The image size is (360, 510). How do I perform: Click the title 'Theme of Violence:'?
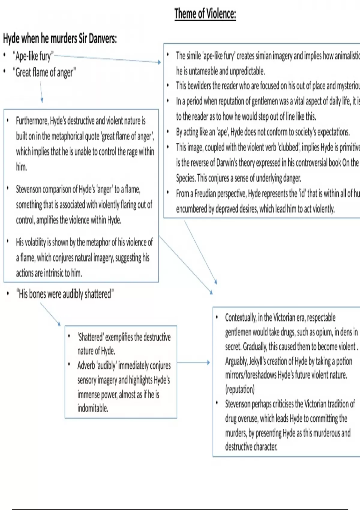[205, 14]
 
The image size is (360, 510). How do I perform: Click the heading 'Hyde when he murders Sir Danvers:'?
[60, 39]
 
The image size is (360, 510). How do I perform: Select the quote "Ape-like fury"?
[33, 56]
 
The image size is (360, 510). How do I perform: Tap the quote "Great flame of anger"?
[44, 72]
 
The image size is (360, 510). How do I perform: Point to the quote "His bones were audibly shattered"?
[65, 294]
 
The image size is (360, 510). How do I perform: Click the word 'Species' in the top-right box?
[186, 178]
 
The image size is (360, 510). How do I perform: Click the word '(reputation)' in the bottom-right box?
[240, 389]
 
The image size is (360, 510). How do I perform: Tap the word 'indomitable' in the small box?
[93, 408]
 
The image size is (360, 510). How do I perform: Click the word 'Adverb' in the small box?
[87, 365]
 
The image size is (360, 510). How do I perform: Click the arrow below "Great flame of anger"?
[41, 92]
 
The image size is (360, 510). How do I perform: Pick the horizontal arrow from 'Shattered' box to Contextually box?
[193, 362]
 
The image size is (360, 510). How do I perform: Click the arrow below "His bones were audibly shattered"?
[50, 314]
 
